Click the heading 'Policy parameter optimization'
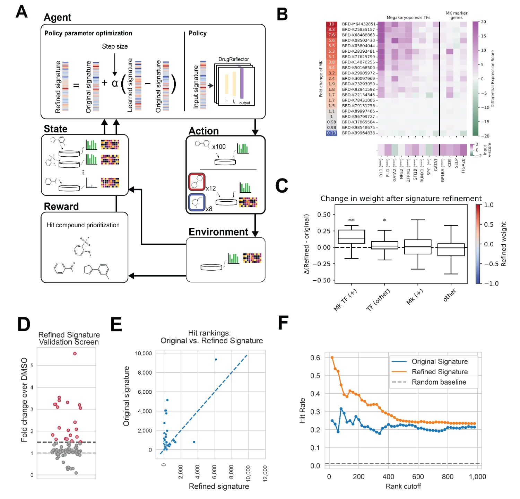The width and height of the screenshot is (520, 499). pyautogui.click(x=88, y=33)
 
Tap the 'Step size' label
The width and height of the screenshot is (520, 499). pyautogui.click(x=115, y=46)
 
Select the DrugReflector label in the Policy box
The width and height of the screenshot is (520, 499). pyautogui.click(x=233, y=59)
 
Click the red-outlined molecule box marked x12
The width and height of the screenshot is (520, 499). pyautogui.click(x=197, y=182)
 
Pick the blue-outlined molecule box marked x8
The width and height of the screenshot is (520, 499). pyautogui.click(x=197, y=202)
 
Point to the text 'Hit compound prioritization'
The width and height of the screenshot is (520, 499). pyautogui.click(x=83, y=225)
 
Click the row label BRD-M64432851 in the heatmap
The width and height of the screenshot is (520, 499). pyautogui.click(x=358, y=24)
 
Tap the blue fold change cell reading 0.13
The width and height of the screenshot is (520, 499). pyautogui.click(x=331, y=133)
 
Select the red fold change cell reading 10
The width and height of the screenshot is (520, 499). pyautogui.click(x=331, y=24)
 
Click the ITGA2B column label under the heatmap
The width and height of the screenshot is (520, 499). pyautogui.click(x=463, y=165)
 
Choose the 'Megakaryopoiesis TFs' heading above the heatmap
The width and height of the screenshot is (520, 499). pyautogui.click(x=408, y=17)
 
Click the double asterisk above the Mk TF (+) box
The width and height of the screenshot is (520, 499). pyautogui.click(x=351, y=220)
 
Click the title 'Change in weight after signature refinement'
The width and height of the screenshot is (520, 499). pyautogui.click(x=401, y=199)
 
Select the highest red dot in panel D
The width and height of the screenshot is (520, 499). pyautogui.click(x=75, y=354)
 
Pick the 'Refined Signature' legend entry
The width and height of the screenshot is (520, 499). pyautogui.click(x=440, y=372)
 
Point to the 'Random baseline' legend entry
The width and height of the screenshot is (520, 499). pyautogui.click(x=439, y=382)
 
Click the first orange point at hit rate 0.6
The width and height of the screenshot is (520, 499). pyautogui.click(x=332, y=358)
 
